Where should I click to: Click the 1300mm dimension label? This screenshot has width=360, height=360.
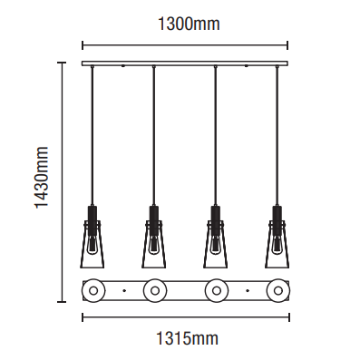189,24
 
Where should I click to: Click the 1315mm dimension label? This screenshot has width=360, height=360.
187,338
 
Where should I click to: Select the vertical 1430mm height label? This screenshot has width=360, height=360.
42,178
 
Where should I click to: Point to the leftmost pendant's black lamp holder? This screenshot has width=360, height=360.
92,218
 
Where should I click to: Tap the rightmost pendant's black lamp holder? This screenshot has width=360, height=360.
277,218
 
